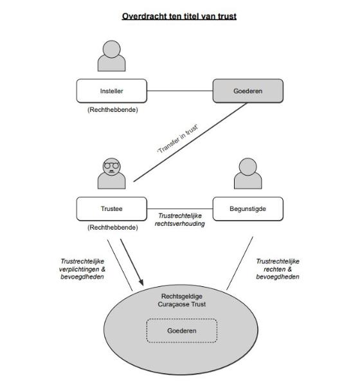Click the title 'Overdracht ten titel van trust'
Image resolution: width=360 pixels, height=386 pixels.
(x=179, y=16)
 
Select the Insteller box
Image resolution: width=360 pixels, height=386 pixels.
(x=112, y=91)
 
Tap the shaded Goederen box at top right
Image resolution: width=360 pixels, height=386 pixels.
(x=248, y=91)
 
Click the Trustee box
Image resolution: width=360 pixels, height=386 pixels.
(x=112, y=208)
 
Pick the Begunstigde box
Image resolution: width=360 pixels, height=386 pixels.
(x=248, y=208)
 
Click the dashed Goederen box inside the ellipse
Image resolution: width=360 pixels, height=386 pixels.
(x=182, y=331)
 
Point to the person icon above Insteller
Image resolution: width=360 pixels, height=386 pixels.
(x=111, y=56)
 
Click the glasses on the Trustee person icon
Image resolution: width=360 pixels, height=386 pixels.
(x=111, y=165)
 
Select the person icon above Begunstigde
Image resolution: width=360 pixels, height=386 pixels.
(x=248, y=174)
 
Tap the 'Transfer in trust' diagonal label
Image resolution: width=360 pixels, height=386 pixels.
(x=177, y=139)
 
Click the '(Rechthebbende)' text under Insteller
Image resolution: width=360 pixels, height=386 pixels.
(x=113, y=110)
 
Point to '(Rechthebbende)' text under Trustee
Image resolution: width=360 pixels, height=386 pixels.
(x=113, y=228)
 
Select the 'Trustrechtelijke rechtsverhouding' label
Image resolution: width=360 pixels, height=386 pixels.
(x=179, y=219)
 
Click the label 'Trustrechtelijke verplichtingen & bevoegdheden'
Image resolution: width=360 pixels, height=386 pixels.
(x=82, y=269)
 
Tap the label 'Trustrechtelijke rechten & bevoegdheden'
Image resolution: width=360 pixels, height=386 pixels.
(x=278, y=269)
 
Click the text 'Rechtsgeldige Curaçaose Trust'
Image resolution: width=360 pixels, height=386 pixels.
(x=182, y=300)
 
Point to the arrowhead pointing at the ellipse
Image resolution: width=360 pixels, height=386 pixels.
(x=141, y=282)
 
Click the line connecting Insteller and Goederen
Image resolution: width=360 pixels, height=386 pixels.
(x=180, y=91)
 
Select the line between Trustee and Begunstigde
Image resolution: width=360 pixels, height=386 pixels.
(x=180, y=208)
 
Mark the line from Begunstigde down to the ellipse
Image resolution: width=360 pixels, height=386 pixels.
(x=240, y=263)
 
